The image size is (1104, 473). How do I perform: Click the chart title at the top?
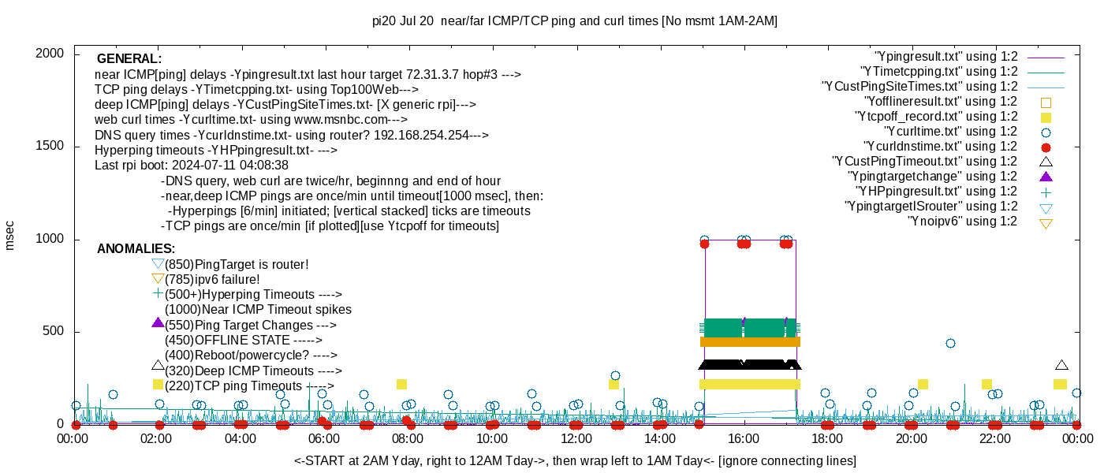(574, 21)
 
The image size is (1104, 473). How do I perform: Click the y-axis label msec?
(10, 235)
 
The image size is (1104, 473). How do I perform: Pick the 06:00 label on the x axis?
(325, 438)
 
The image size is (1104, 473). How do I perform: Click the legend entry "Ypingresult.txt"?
(946, 57)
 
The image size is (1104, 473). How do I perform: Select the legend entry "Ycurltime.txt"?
(951, 132)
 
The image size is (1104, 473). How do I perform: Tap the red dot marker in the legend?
(1046, 147)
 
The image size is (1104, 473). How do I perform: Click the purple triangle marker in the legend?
(1046, 177)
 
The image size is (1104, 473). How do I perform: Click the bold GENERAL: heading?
(129, 59)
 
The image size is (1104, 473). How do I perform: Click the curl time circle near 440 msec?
(950, 343)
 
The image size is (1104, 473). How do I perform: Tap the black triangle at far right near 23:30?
(1061, 365)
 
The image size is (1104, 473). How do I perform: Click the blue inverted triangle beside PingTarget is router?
(158, 264)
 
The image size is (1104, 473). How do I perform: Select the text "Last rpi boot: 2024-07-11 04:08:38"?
(192, 166)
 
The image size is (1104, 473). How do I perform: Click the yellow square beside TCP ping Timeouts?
(158, 385)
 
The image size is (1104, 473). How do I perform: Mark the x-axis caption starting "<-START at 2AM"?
(575, 460)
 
